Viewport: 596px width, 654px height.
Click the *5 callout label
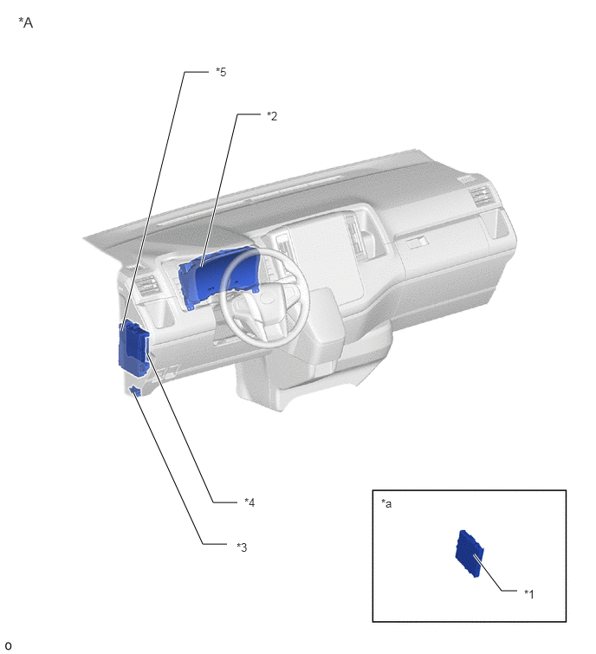tap(221, 72)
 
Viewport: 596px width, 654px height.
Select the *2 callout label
tap(272, 116)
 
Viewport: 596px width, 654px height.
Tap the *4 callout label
tap(249, 502)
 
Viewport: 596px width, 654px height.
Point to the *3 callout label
tap(242, 547)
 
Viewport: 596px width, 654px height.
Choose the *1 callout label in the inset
tap(528, 593)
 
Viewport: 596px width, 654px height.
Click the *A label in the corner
tap(26, 23)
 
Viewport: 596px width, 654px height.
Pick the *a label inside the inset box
tap(386, 503)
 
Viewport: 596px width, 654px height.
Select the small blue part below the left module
tap(134, 391)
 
